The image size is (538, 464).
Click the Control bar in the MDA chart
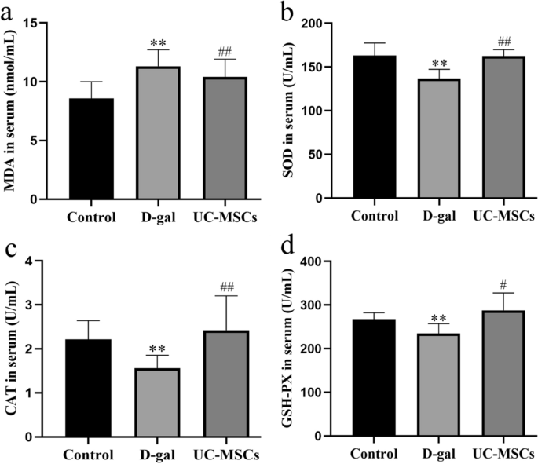(x=92, y=149)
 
